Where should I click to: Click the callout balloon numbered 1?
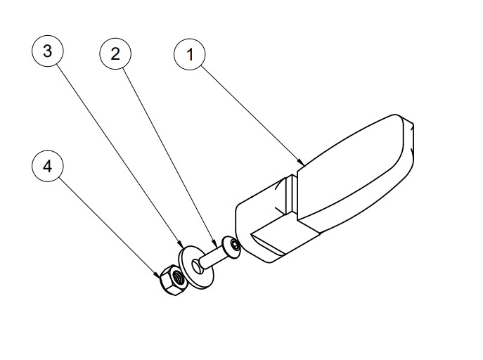(x=190, y=54)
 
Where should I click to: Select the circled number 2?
(x=115, y=53)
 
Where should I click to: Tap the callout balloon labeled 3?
(x=47, y=51)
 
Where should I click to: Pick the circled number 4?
(x=47, y=166)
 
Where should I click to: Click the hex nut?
(x=172, y=280)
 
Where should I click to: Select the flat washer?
(x=197, y=267)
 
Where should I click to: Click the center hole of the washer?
(x=196, y=266)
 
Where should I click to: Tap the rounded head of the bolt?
(x=231, y=247)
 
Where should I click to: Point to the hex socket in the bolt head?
(x=236, y=245)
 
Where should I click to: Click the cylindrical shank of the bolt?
(x=212, y=257)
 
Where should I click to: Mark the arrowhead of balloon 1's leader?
(x=301, y=162)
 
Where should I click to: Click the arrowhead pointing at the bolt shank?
(x=215, y=245)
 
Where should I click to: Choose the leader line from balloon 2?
(x=170, y=158)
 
